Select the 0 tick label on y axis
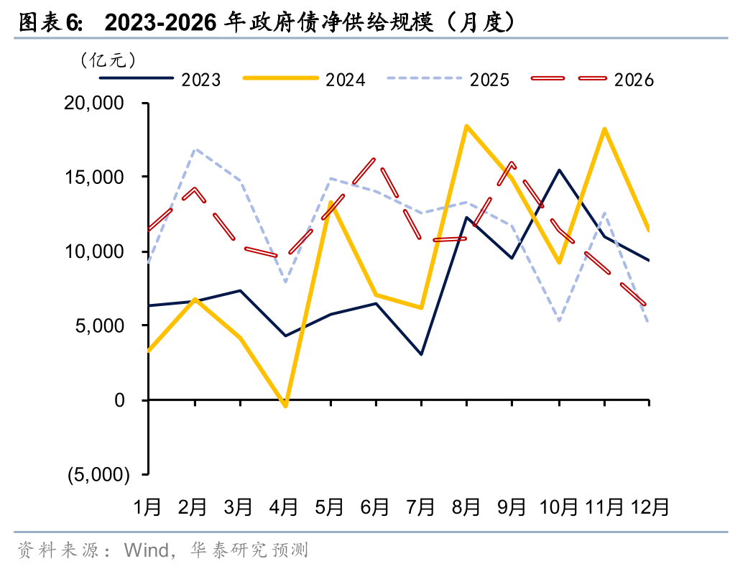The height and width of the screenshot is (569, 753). (120, 400)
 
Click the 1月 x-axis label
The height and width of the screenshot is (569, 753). (148, 507)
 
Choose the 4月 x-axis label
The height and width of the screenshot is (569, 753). (284, 507)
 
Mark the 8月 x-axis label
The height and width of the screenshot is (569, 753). (466, 507)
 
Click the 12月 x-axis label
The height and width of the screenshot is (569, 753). (650, 507)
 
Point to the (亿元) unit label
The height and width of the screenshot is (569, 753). (108, 59)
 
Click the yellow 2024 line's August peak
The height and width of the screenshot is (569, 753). (466, 126)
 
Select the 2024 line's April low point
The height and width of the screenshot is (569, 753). (285, 406)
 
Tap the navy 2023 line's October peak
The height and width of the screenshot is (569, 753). (558, 170)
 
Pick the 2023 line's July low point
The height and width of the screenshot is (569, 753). (421, 354)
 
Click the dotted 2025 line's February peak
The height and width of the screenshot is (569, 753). (195, 149)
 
